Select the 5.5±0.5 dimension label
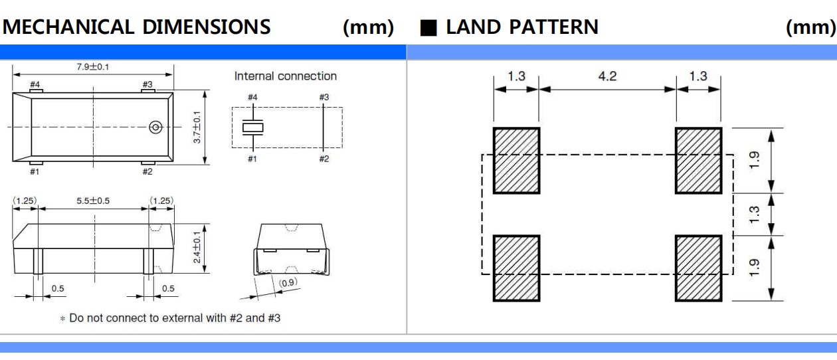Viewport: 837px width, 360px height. coord(93,200)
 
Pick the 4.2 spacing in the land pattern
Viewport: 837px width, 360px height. coord(607,76)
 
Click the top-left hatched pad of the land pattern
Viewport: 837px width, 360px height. coord(515,159)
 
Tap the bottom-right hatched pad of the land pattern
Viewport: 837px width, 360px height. coord(698,267)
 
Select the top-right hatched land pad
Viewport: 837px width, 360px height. coord(698,159)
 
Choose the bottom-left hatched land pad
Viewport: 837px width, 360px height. coord(515,267)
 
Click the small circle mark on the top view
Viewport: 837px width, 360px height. coord(156,127)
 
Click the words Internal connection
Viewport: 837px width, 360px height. coord(286,76)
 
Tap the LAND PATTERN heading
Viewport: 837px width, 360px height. coord(521,27)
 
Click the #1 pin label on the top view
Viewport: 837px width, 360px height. coord(35,171)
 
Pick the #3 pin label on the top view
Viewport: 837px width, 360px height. coord(147,84)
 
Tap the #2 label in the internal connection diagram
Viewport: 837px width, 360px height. coord(324,159)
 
